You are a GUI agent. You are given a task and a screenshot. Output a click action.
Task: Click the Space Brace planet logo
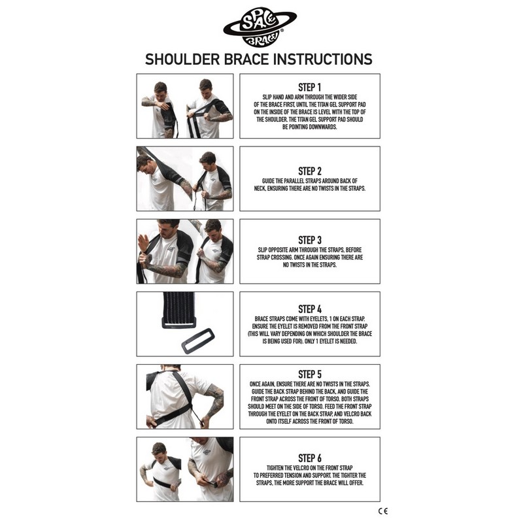(x=260, y=27)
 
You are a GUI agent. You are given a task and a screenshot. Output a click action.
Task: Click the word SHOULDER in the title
(x=182, y=59)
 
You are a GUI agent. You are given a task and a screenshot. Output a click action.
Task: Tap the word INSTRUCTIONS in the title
(x=323, y=59)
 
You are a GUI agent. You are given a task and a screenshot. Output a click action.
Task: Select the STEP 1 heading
(x=309, y=88)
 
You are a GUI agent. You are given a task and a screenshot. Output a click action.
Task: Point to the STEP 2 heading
(x=309, y=171)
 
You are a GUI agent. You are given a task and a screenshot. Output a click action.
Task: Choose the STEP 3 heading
(x=309, y=240)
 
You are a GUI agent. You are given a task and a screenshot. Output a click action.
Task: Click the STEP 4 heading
(x=309, y=309)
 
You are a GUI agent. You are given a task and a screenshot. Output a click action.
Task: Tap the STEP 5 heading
(x=309, y=374)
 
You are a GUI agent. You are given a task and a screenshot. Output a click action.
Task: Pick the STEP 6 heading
(x=309, y=458)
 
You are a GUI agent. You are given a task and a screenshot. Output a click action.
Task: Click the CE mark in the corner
(x=383, y=511)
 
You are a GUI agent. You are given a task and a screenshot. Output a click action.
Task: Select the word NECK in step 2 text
(x=260, y=188)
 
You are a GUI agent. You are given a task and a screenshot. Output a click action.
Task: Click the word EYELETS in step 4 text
(x=317, y=319)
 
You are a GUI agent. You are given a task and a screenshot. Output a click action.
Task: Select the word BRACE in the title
(x=246, y=59)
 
